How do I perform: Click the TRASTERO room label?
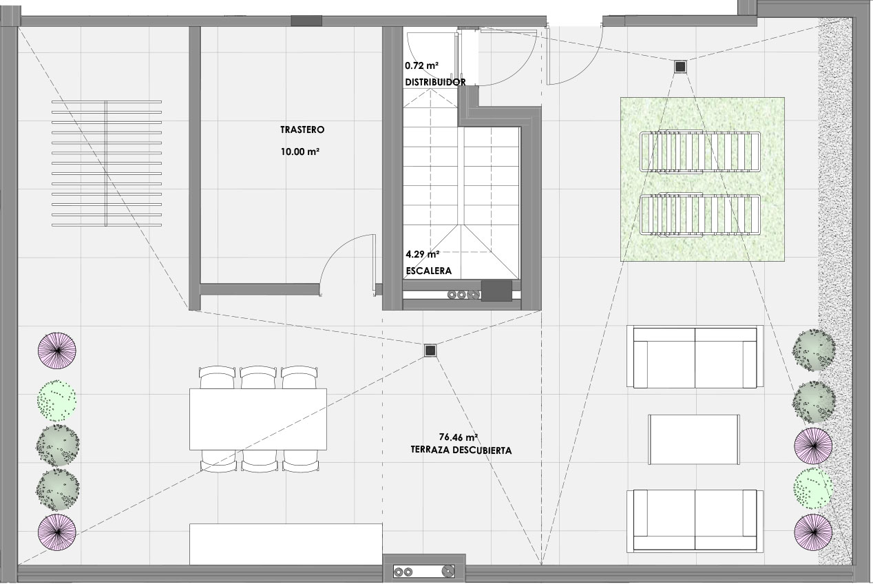click(302, 130)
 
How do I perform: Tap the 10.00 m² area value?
click(300, 152)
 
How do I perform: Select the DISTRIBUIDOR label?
click(435, 82)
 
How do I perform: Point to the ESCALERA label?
click(429, 271)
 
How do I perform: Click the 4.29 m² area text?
click(423, 254)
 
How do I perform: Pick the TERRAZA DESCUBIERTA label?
click(461, 450)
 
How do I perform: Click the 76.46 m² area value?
click(459, 437)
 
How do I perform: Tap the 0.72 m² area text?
click(421, 65)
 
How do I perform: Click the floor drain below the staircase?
click(430, 351)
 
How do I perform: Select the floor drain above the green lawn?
click(680, 67)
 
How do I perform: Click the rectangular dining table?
click(258, 419)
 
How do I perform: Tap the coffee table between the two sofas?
click(694, 439)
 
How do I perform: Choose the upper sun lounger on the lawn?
click(700, 152)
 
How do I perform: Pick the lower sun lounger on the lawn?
click(700, 215)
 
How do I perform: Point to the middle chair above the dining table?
click(258, 377)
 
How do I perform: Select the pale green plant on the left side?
click(56, 401)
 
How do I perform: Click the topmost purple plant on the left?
click(57, 351)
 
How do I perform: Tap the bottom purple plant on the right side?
click(813, 532)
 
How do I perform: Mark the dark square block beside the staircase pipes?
click(496, 291)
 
